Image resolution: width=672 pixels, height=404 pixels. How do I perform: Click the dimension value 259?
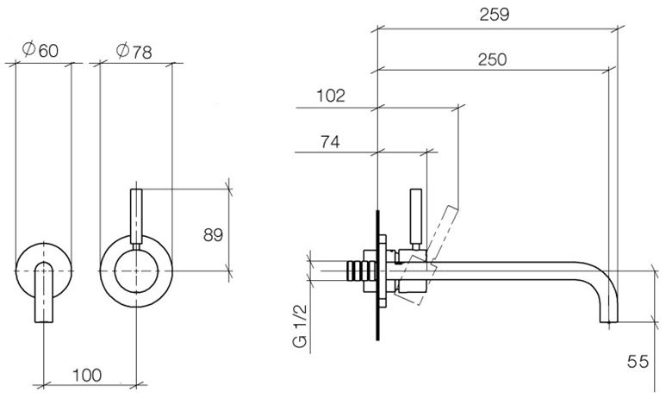495,15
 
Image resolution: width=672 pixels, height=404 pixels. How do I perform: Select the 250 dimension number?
493,59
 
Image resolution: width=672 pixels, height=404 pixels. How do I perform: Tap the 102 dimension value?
331,96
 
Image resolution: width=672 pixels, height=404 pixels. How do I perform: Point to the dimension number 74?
330,141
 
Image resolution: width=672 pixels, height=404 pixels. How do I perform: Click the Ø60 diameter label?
40,50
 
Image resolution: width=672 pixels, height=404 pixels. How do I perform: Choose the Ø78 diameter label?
134,51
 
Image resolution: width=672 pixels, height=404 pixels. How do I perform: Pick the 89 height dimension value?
213,235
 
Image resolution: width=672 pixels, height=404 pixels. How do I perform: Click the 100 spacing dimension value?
87,376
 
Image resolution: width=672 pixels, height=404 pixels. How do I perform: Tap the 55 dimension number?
638,362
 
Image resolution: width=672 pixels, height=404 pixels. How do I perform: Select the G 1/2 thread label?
300,326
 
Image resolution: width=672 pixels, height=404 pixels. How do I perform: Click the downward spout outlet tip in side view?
609,322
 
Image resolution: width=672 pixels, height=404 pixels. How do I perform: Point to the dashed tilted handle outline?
432,256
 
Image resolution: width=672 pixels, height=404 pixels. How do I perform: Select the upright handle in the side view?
416,219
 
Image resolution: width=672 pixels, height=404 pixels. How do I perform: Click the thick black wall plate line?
377,275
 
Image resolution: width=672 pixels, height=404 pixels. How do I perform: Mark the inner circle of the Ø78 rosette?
136,249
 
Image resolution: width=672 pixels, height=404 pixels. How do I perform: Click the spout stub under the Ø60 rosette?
44,293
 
